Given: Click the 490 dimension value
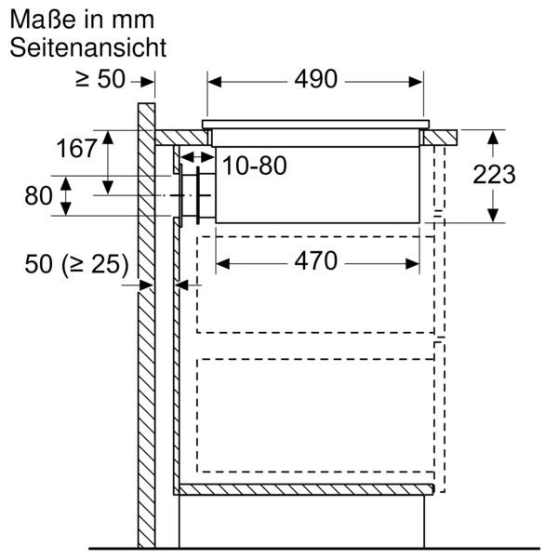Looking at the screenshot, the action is point(315,79).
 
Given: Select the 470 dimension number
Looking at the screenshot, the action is point(315,261).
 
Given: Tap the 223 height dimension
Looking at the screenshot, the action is point(494,175).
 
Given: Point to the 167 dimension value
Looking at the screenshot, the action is point(76,148).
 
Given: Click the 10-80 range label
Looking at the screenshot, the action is point(255,166).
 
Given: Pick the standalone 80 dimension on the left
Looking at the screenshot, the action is point(38,195).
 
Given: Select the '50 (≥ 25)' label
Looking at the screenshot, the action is point(76,265).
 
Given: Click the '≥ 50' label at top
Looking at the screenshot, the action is point(100,79).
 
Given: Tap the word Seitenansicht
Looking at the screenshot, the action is point(88,47).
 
